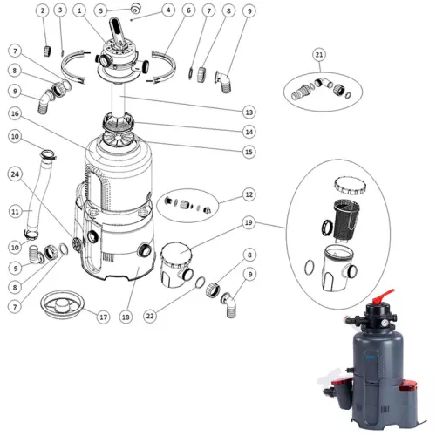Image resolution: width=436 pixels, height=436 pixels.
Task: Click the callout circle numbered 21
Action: pyautogui.click(x=319, y=55)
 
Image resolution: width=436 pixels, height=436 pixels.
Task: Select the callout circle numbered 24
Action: pyautogui.click(x=15, y=174)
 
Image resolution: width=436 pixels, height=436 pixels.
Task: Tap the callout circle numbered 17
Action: pyautogui.click(x=104, y=317)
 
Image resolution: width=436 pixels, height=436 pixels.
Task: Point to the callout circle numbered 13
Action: pyautogui.click(x=249, y=112)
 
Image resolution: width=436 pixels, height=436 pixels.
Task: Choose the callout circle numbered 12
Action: pyautogui.click(x=249, y=194)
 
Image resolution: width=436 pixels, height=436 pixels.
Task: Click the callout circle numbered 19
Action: pyautogui.click(x=249, y=222)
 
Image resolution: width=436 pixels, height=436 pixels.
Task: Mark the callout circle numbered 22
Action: pyautogui.click(x=150, y=316)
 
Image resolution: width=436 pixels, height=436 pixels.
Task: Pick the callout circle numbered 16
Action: pyautogui.click(x=15, y=113)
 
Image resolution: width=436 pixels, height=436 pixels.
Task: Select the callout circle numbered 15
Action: pyautogui.click(x=249, y=152)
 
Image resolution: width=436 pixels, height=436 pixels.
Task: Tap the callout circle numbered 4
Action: pyautogui.click(x=168, y=10)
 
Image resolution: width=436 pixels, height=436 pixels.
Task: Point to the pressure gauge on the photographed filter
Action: pyautogui.click(x=385, y=323)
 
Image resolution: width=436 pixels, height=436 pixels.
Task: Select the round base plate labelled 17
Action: pyautogui.click(x=63, y=304)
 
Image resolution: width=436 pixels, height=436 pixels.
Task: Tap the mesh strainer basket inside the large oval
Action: pyautogui.click(x=346, y=221)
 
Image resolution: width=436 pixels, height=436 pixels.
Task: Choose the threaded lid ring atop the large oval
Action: pyautogui.click(x=350, y=186)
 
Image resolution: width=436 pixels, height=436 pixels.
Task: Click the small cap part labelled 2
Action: pyautogui.click(x=47, y=51)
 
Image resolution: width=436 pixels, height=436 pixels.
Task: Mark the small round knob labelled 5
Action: pyautogui.click(x=135, y=8)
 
